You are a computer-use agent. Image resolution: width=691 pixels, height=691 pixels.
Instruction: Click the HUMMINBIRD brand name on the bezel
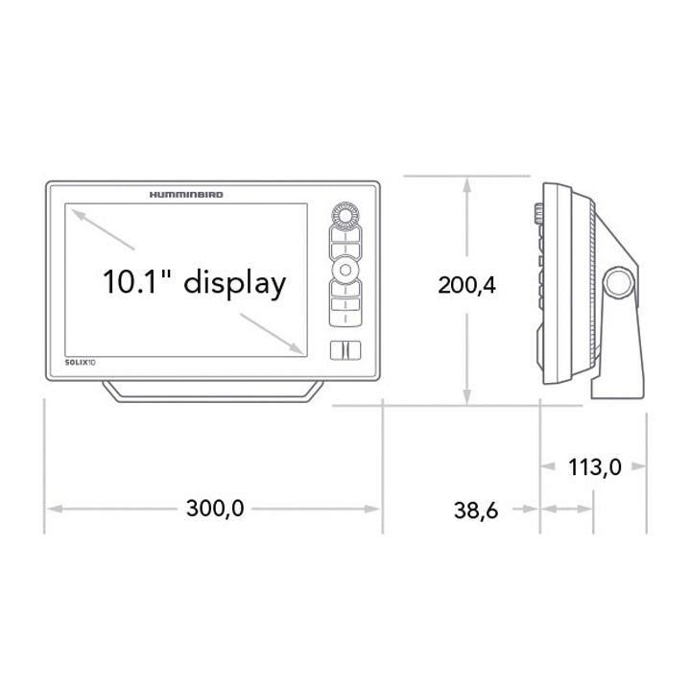click(x=187, y=194)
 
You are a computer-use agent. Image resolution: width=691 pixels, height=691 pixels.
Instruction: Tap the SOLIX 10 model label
click(x=80, y=362)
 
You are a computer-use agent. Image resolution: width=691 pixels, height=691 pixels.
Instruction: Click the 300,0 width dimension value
click(x=215, y=509)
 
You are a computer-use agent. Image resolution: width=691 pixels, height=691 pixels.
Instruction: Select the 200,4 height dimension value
click(x=466, y=285)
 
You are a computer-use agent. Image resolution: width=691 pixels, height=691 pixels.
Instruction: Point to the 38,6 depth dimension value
click(x=475, y=510)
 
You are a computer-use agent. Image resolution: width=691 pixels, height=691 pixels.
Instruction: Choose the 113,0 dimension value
click(x=595, y=467)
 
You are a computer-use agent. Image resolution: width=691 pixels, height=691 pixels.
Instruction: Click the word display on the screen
click(x=234, y=283)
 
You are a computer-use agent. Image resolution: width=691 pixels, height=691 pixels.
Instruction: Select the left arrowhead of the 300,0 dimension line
click(x=53, y=509)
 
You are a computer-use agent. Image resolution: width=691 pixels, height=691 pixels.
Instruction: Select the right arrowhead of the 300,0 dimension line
click(x=375, y=509)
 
